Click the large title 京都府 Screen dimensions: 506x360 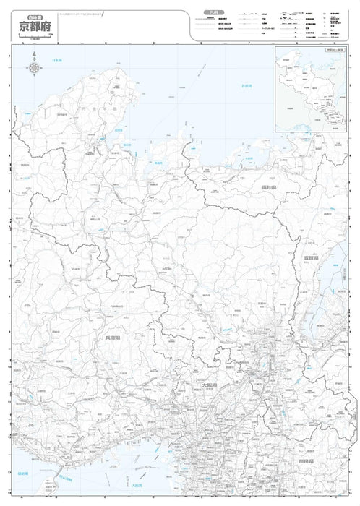click(x=35, y=26)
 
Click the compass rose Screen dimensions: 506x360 click(x=35, y=69)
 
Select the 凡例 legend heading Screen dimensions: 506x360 click(x=211, y=12)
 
